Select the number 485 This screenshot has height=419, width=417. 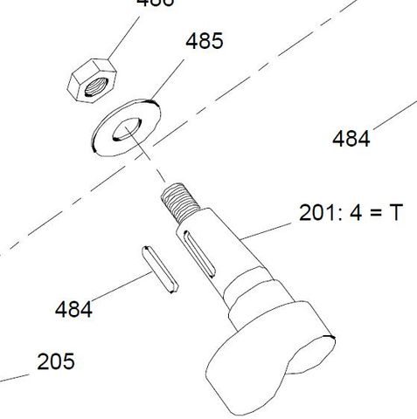tap(204, 41)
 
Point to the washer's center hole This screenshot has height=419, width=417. tap(128, 127)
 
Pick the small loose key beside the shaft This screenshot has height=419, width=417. tap(160, 270)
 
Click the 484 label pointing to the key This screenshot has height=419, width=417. tap(73, 309)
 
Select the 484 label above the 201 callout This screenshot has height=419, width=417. tap(351, 138)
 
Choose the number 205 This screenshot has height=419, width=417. tap(55, 361)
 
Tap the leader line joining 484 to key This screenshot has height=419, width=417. tap(119, 291)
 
